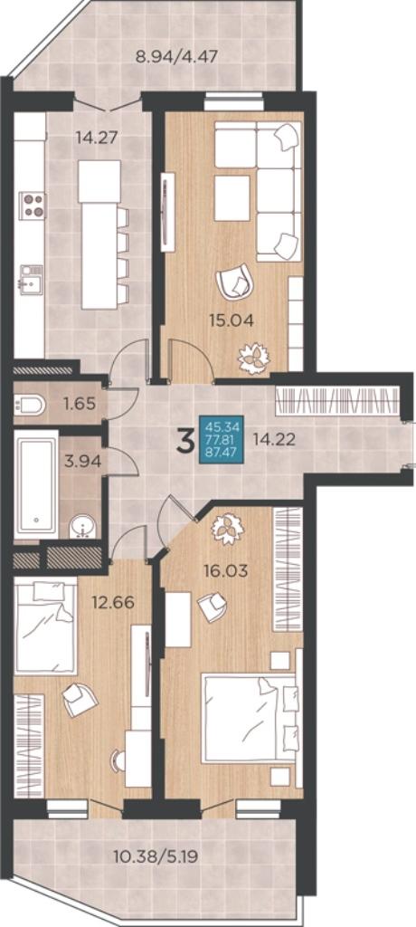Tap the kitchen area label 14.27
click(x=97, y=138)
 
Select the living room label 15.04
click(x=232, y=321)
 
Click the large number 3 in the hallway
click(x=186, y=442)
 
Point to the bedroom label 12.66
click(x=113, y=604)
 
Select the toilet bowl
click(x=31, y=405)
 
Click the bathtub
click(x=36, y=483)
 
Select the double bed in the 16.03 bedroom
click(x=249, y=717)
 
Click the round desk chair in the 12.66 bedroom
click(x=118, y=760)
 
